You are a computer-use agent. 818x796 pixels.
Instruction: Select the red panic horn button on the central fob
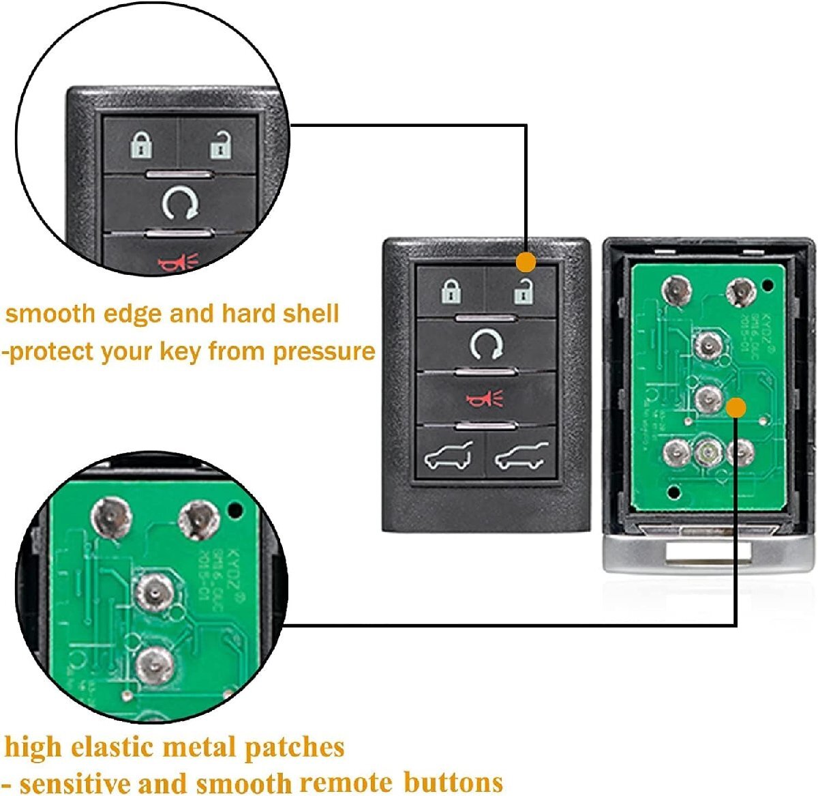[x=485, y=398]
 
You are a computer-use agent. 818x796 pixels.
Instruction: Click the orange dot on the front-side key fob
[x=526, y=261]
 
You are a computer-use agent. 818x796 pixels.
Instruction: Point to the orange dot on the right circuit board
[x=736, y=408]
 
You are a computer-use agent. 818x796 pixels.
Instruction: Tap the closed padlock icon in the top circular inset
[x=142, y=145]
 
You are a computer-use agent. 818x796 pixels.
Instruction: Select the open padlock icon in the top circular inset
[x=220, y=145]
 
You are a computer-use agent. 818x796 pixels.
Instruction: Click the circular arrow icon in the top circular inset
[x=181, y=203]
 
